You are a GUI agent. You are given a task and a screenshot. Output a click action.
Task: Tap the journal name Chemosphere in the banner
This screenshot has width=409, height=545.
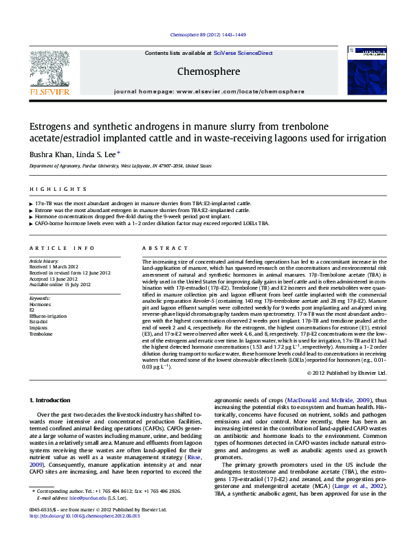click(208, 71)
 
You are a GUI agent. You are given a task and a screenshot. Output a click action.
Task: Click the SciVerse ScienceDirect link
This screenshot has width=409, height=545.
click(243, 53)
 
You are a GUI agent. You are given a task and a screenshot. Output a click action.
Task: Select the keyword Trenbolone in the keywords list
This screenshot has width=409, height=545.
click(41, 334)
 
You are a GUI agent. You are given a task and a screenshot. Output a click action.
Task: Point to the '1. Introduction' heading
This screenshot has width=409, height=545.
click(49, 400)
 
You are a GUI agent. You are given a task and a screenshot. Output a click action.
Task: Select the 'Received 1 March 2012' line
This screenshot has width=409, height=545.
click(54, 267)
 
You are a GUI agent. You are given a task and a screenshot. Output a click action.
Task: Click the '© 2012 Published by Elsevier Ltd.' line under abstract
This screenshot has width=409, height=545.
click(346, 373)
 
